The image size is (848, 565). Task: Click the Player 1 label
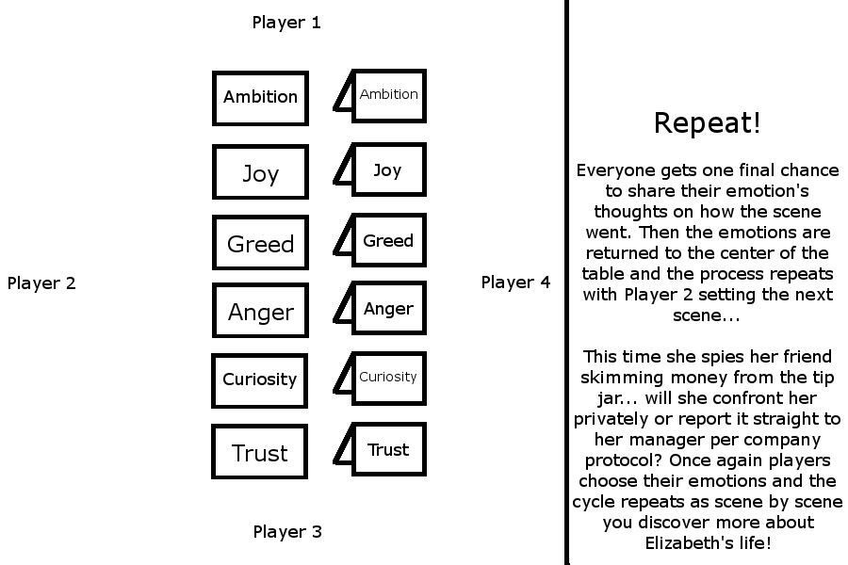point(286,23)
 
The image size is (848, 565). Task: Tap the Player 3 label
point(287,532)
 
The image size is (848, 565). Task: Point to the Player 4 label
point(515,282)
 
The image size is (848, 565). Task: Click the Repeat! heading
point(707,122)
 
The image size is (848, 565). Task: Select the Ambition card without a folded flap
point(260,98)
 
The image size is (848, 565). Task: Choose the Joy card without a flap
point(260,171)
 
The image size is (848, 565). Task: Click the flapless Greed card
point(260,242)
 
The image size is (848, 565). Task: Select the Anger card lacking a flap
point(260,311)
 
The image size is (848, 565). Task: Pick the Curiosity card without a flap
point(260,380)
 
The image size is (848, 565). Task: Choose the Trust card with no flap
point(260,451)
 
